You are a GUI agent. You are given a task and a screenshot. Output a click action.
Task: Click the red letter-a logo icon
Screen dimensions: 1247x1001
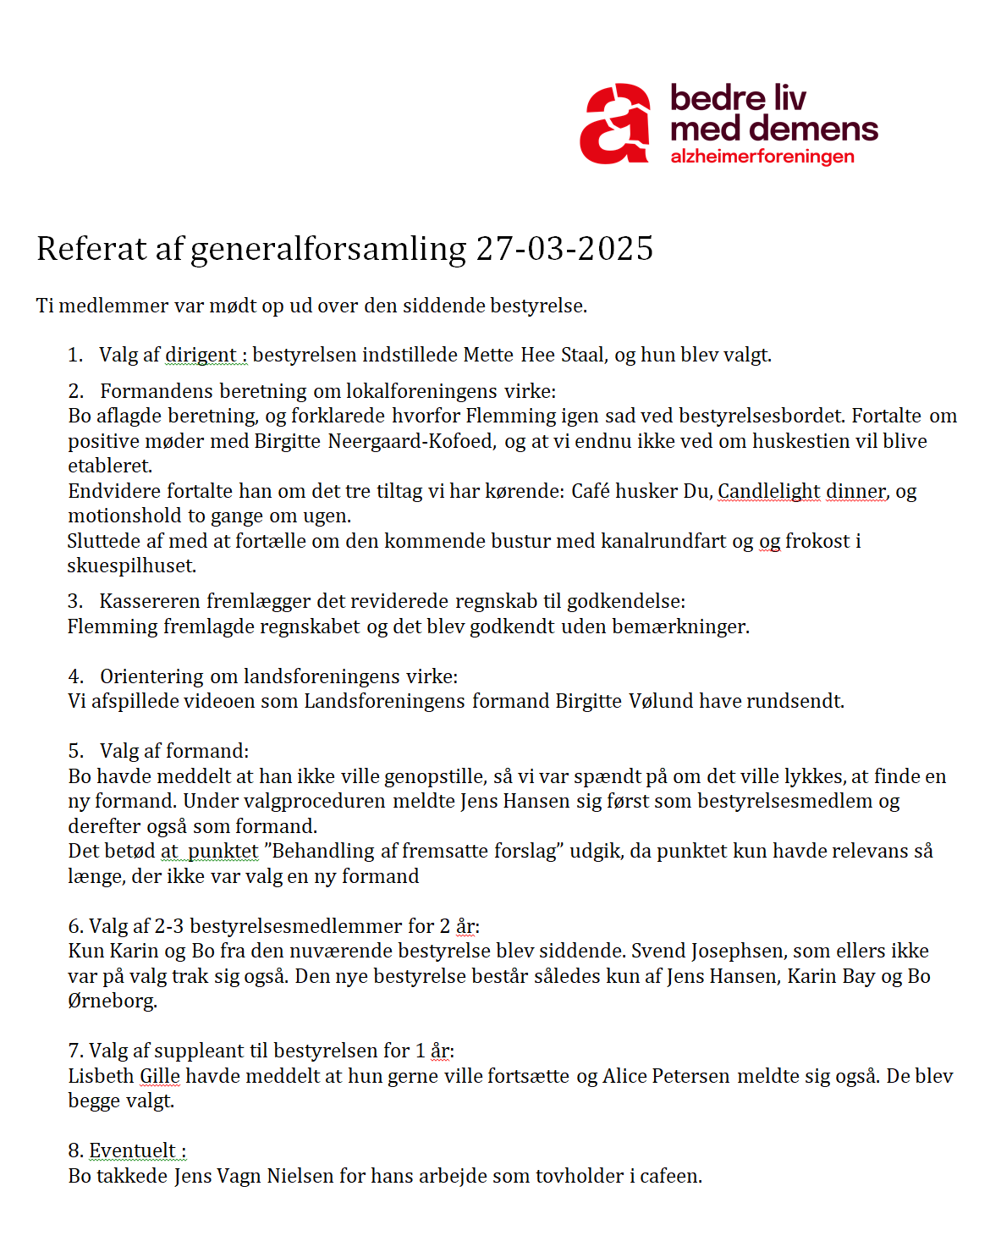pos(615,124)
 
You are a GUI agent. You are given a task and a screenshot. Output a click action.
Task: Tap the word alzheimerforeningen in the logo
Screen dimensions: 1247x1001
pos(762,157)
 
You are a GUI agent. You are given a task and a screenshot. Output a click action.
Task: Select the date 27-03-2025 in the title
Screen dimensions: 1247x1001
pos(564,249)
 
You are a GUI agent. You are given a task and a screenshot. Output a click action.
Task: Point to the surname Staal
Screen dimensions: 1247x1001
pos(583,355)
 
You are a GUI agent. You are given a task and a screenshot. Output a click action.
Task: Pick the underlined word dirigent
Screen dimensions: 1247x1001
pos(201,355)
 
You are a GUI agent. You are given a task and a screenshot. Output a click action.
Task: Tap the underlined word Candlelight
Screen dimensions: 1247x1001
pos(768,491)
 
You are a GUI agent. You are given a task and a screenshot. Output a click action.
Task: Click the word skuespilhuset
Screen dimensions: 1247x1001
pos(131,566)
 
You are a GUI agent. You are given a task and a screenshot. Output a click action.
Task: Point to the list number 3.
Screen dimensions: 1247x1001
pos(75,601)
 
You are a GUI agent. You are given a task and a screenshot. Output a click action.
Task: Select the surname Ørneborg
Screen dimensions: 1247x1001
pos(112,1001)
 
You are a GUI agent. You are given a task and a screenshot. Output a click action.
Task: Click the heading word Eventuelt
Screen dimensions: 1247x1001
pos(133,1150)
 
